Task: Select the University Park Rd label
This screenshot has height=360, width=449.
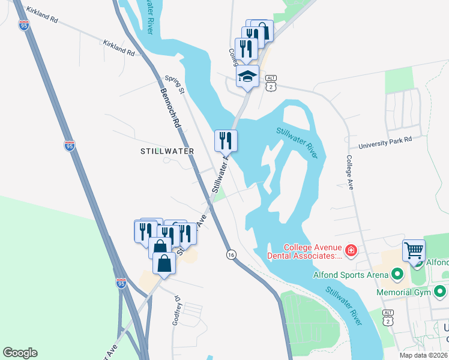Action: (385, 142)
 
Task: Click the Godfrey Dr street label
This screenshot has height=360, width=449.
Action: (177, 311)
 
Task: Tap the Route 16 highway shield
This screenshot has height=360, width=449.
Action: (231, 255)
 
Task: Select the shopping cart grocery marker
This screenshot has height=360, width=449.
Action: (414, 250)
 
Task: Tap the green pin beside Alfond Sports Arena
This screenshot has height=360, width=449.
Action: (396, 275)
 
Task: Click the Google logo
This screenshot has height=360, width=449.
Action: (20, 352)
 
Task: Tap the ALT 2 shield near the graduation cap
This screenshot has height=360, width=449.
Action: (272, 83)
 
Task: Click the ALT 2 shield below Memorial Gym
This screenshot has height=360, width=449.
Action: (389, 317)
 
